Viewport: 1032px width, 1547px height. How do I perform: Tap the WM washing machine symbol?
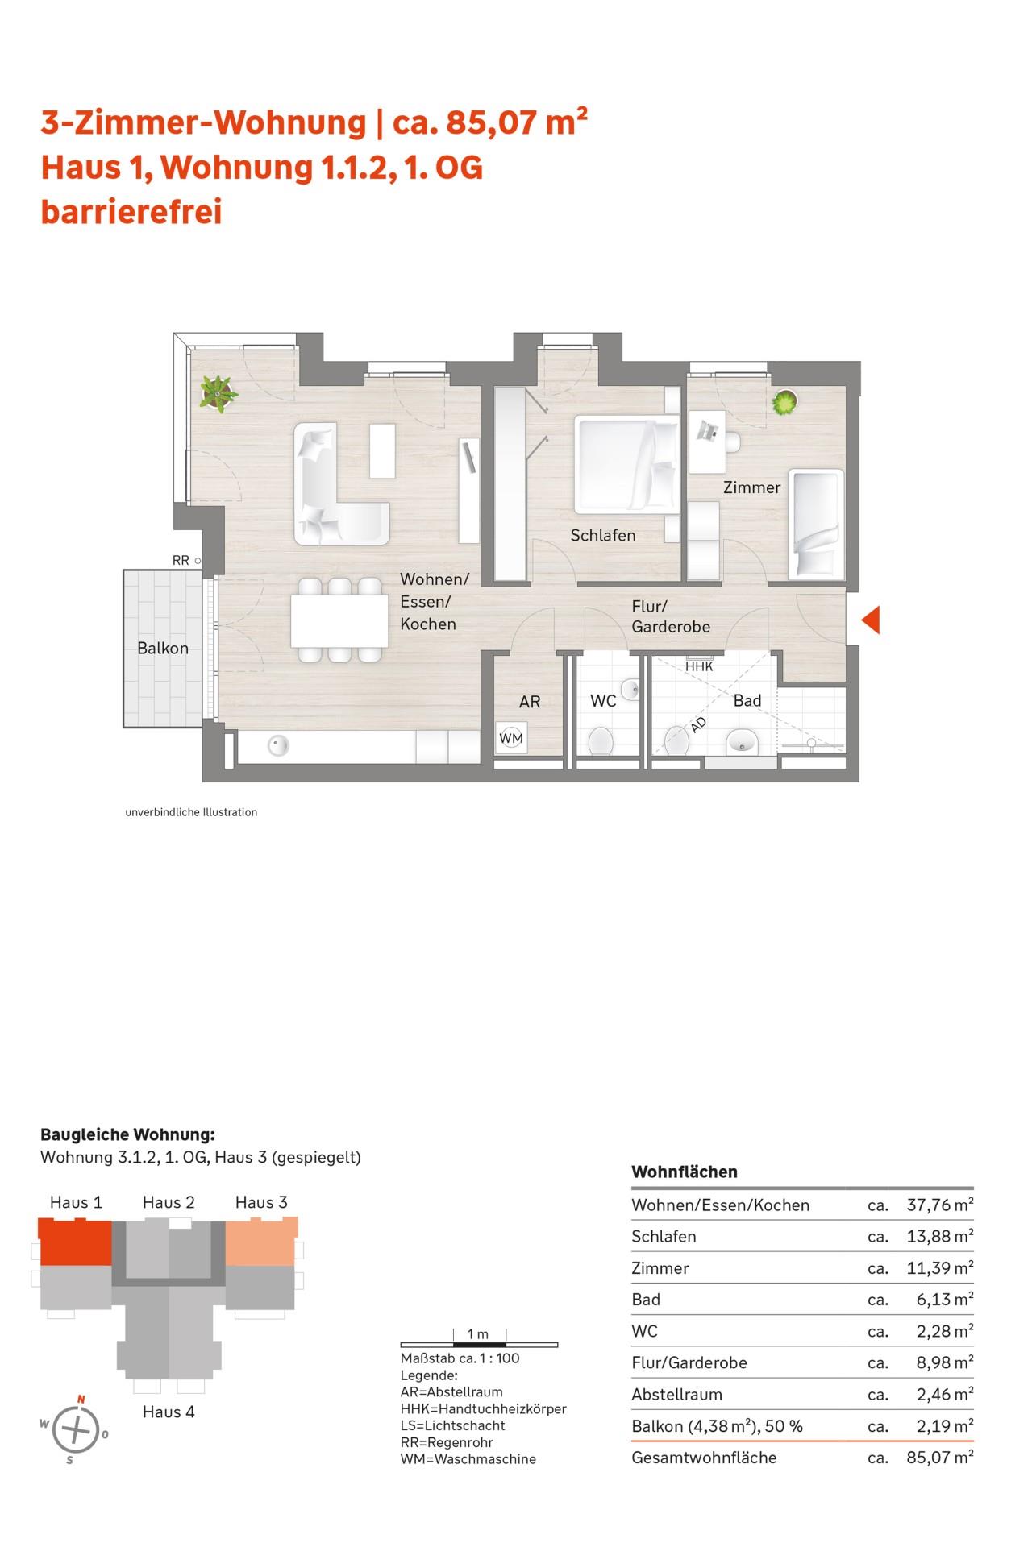(511, 737)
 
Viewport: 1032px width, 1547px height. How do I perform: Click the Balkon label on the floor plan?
(163, 649)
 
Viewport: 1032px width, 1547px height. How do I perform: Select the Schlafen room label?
(603, 535)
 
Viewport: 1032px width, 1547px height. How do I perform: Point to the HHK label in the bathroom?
(699, 666)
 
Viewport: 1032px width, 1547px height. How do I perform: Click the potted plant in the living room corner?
(218, 393)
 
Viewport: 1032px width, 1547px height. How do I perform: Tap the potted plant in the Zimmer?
(784, 401)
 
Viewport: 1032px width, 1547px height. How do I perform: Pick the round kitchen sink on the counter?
(278, 746)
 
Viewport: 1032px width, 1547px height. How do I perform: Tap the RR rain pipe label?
(181, 561)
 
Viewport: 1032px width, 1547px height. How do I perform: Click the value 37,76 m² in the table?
(940, 1205)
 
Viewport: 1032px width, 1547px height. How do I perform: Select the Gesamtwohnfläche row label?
(704, 1457)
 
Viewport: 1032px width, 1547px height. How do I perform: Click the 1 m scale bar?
(479, 1344)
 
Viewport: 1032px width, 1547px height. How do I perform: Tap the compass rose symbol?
(75, 1429)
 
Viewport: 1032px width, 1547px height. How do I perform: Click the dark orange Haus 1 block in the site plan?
(75, 1241)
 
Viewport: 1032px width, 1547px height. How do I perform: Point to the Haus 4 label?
(169, 1411)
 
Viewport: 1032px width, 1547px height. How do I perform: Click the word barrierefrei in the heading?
(131, 212)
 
